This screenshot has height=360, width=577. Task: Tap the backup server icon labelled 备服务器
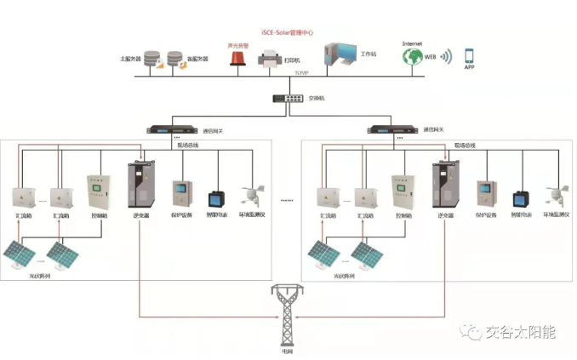point(176,60)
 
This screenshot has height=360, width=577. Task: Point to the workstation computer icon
point(340,56)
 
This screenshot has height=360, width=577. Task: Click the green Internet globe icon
point(413,57)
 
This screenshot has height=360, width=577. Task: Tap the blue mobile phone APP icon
point(469,56)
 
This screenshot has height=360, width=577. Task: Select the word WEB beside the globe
point(431,56)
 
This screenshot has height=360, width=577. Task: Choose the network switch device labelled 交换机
point(288,97)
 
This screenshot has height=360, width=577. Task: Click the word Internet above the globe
point(413,42)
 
